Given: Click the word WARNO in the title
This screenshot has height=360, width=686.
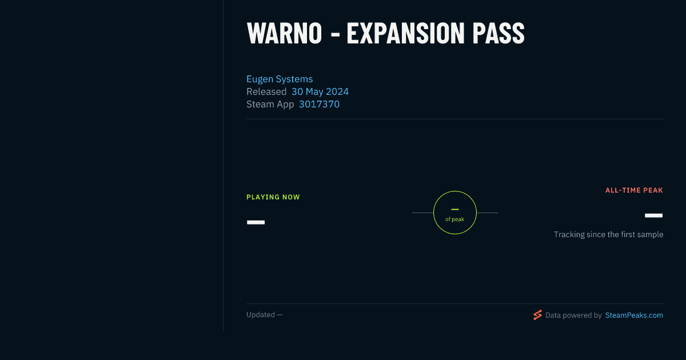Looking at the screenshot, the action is pos(284,34).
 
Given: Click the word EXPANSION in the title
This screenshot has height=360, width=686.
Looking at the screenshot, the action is pos(405,34).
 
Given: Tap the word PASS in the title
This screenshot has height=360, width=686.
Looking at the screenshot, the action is pos(498,34).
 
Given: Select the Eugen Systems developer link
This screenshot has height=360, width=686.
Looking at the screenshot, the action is pos(280,79).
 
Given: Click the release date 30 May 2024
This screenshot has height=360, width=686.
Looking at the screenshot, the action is pos(320,91).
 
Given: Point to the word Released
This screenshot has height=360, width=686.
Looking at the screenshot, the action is pos(266,91).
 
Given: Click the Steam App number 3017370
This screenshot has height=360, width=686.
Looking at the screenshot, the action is pos(319,104).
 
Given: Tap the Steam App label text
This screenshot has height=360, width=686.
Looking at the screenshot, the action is pos(270,105).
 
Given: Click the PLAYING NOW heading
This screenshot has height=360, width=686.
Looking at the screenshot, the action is pos(273,197).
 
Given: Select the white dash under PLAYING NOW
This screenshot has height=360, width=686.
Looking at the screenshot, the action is pos(256,222).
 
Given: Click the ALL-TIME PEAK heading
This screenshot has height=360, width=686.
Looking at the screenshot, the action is pos(634,190).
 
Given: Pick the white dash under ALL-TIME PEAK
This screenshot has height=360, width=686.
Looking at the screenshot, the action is pos(653,215).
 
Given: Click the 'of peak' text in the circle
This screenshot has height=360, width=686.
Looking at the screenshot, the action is pos(455,219).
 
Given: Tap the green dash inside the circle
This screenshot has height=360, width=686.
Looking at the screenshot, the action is pos(455,209).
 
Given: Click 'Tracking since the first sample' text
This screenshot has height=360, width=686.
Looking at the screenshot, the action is pos(608,234).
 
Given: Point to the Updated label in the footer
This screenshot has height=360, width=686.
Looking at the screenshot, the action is pos(261,315).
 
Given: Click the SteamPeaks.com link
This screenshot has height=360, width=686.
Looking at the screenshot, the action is pos(634,315).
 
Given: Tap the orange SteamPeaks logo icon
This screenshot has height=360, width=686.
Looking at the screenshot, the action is pos(537,315).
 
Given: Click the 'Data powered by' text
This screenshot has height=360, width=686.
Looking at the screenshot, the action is pos(573,315).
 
